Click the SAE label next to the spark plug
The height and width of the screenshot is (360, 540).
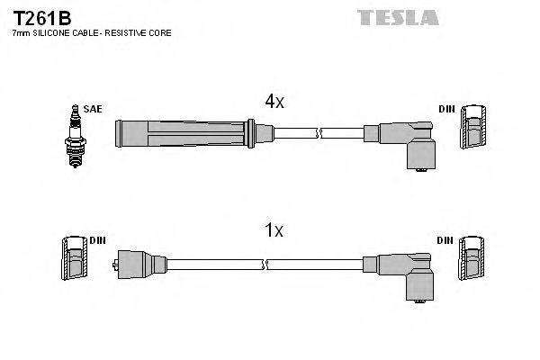point(92,109)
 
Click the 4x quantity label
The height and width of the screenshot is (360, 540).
point(274,103)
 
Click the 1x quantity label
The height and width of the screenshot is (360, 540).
point(274,231)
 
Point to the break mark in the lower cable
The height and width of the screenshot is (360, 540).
point(265,264)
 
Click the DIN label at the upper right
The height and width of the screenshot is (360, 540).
point(446,109)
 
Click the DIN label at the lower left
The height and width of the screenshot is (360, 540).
point(97,240)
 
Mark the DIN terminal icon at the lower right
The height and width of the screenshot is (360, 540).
point(472,263)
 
